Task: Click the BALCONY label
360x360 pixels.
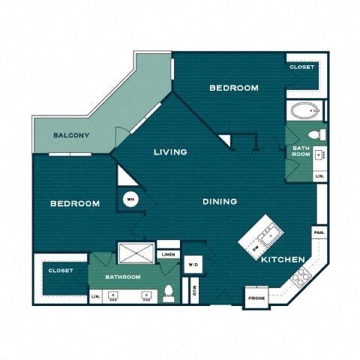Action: (72, 136)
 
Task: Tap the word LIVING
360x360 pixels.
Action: (170, 152)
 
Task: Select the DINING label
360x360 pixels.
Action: (220, 201)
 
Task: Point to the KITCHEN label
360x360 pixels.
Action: (283, 259)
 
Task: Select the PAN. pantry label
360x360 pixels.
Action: (319, 233)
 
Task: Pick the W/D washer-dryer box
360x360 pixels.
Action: (193, 264)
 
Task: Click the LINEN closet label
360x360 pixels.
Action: (168, 254)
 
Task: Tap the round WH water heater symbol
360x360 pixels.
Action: (129, 199)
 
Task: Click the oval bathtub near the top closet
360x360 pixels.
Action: (304, 113)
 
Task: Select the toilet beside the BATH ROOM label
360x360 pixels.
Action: (316, 135)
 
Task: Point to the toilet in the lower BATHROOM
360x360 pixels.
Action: (169, 293)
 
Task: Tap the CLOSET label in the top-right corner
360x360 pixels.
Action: (303, 67)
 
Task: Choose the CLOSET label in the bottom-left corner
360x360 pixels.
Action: (60, 271)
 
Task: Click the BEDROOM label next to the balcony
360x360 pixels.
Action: (75, 204)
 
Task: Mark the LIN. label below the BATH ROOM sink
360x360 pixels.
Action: (319, 175)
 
